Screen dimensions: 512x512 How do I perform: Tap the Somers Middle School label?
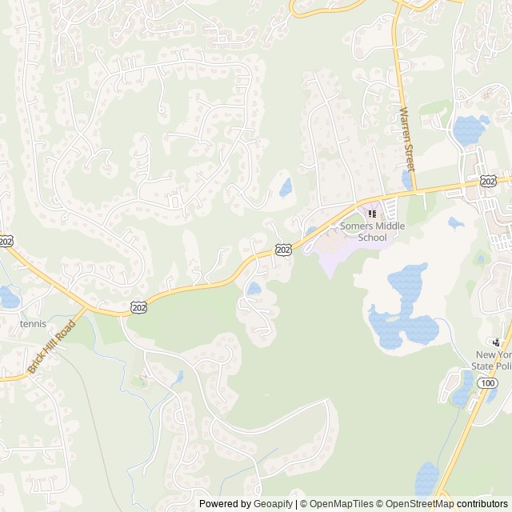pyautogui.click(x=373, y=231)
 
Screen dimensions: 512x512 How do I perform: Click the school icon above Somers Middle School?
pyautogui.click(x=372, y=214)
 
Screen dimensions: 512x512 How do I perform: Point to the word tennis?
pyautogui.click(x=33, y=324)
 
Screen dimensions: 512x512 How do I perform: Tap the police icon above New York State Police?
pyautogui.click(x=503, y=341)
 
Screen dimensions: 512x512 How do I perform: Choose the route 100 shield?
pyautogui.click(x=487, y=384)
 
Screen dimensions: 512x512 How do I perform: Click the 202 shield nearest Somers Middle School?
pyautogui.click(x=282, y=250)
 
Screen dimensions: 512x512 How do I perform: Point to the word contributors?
pyautogui.click(x=482, y=504)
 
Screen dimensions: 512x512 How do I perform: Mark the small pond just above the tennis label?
pyautogui.click(x=8, y=297)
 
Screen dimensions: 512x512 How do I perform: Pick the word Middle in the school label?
pyautogui.click(x=390, y=226)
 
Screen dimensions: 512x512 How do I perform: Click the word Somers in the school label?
pyautogui.click(x=356, y=226)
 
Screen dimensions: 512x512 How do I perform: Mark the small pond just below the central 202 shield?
pyautogui.click(x=254, y=288)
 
